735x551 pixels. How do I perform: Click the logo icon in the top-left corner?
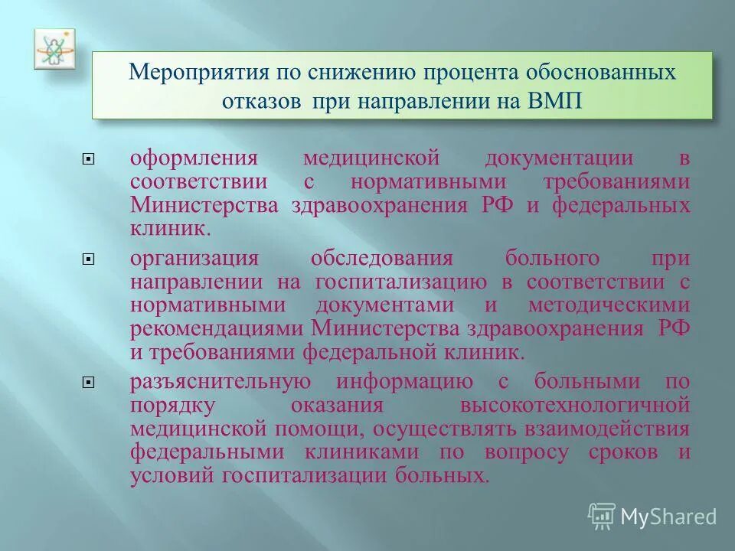tap(54, 50)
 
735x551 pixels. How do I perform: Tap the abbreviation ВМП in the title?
tap(557, 102)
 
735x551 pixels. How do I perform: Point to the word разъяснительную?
tap(220, 381)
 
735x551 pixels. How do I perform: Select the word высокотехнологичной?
tap(575, 404)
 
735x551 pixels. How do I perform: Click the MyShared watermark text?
tap(668, 517)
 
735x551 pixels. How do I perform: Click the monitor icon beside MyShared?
tap(602, 517)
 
